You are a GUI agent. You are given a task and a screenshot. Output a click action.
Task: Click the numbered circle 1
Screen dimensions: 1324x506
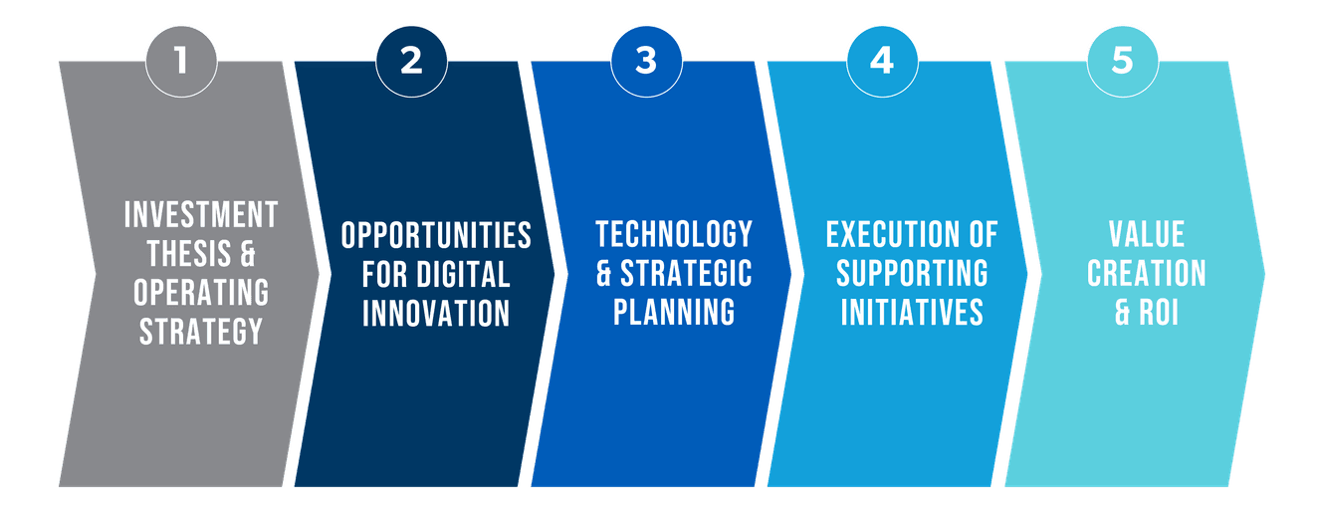pos(181,62)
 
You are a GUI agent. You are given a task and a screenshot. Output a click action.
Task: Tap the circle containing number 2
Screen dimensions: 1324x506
pos(411,62)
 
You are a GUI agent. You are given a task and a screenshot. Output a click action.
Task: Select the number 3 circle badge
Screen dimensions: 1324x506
pos(647,62)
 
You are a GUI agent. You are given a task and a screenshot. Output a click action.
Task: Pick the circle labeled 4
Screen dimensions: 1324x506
pos(882,62)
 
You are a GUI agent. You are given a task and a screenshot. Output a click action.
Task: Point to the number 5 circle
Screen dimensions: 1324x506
pos(1123,62)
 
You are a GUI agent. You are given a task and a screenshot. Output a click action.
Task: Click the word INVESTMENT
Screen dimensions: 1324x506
pos(201,214)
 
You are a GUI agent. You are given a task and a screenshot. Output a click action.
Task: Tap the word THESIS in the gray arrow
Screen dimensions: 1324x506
pos(189,254)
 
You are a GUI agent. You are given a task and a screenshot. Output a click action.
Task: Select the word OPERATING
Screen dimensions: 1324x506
pos(201,293)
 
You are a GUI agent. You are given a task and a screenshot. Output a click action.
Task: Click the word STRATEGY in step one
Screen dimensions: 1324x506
pos(201,332)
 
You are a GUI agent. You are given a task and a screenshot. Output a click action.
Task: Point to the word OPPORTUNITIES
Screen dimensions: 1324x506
pos(436,235)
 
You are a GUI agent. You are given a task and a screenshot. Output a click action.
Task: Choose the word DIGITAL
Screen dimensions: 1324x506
pos(464,274)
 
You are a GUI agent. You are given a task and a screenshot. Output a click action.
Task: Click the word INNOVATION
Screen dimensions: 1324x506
pos(436,314)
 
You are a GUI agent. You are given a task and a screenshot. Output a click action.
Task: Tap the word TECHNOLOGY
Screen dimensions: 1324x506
pos(674,234)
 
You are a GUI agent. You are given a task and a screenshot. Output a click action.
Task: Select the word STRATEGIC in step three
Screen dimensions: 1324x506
pos(686,273)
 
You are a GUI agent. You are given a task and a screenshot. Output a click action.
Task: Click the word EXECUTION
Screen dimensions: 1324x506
pos(893,234)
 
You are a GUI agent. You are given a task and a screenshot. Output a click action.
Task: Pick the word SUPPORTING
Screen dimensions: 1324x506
pos(912,273)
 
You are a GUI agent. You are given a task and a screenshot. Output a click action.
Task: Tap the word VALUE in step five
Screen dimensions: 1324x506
pos(1147,234)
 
